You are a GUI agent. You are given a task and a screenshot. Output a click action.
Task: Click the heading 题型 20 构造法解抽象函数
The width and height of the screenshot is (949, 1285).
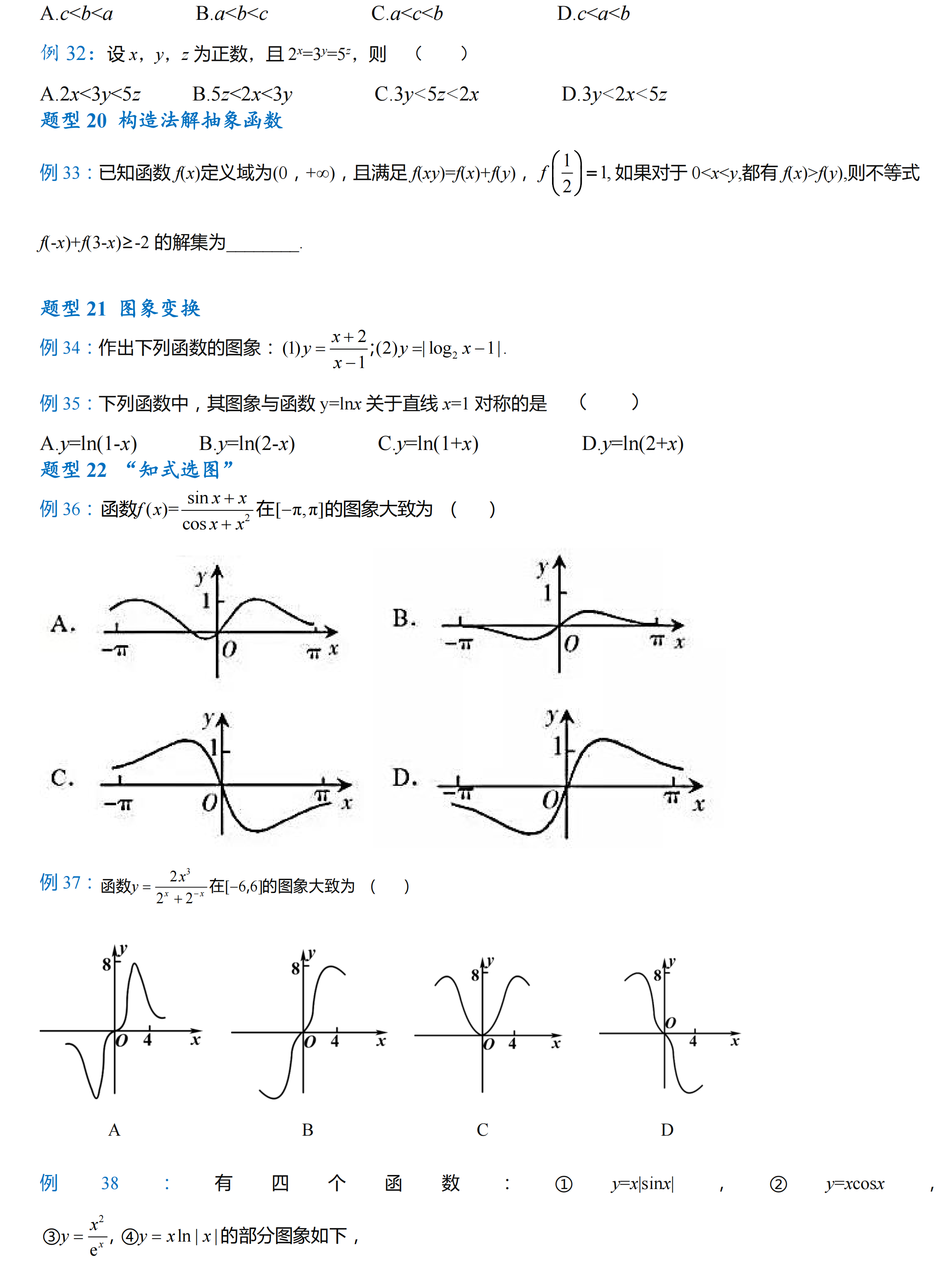coord(161,121)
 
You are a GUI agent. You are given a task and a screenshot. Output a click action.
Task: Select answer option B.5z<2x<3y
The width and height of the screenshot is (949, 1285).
coord(242,93)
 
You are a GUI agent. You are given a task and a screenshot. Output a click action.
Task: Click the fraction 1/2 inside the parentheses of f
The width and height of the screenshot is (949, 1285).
coord(567,173)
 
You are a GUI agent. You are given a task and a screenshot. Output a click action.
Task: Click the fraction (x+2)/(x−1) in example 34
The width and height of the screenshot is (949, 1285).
coord(348,349)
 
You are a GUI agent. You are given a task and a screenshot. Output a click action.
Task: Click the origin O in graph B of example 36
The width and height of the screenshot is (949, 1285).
coord(571,644)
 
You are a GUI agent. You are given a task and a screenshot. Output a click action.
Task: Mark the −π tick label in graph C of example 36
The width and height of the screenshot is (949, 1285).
coord(118,803)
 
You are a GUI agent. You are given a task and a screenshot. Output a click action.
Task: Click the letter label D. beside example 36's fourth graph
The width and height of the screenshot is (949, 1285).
coord(404,778)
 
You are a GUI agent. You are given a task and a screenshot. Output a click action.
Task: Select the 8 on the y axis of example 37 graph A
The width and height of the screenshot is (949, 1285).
coord(106,964)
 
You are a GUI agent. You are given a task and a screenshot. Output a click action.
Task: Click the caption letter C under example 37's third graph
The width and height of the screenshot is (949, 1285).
coord(482,1130)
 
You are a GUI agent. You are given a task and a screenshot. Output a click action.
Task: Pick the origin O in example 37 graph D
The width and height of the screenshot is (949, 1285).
coord(670,1022)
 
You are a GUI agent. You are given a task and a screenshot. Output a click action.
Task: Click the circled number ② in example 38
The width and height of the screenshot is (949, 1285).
coord(778,1184)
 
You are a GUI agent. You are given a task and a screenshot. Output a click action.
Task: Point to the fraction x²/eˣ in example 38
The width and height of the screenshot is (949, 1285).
coord(96,1236)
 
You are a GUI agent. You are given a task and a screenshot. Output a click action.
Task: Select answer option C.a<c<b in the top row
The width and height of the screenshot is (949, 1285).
coord(407,13)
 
